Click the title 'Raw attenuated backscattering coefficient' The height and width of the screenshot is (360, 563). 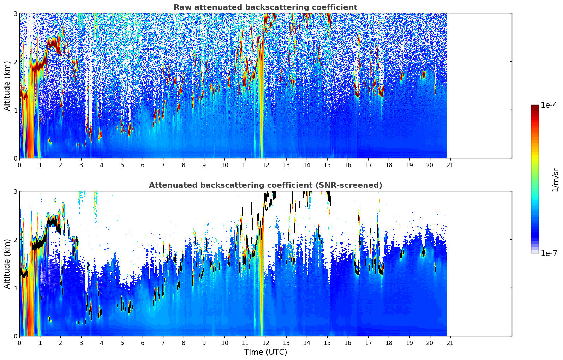265,7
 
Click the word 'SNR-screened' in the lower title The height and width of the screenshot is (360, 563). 355,185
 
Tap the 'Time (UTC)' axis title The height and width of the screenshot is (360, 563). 265,352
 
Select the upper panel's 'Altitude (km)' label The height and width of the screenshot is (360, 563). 7,86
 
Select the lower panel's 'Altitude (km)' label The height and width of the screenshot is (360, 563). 7,264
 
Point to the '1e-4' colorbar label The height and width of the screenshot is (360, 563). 549,105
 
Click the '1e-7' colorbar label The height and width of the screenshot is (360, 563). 549,253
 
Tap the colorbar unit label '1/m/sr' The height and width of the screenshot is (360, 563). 555,180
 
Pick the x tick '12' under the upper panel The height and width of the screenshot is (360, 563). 266,165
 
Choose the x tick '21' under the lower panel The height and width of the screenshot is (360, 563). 450,343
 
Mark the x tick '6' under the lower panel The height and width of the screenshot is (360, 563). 143,343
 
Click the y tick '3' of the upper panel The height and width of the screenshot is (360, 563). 16,13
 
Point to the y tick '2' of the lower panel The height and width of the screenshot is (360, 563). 16,240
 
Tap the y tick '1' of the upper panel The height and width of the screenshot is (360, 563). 16,110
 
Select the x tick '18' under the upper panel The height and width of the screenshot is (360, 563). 389,165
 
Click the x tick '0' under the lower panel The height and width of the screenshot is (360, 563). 19,343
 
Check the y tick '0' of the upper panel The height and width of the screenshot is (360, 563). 16,158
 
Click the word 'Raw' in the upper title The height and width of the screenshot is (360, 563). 181,7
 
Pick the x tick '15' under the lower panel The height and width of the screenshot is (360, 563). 327,343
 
